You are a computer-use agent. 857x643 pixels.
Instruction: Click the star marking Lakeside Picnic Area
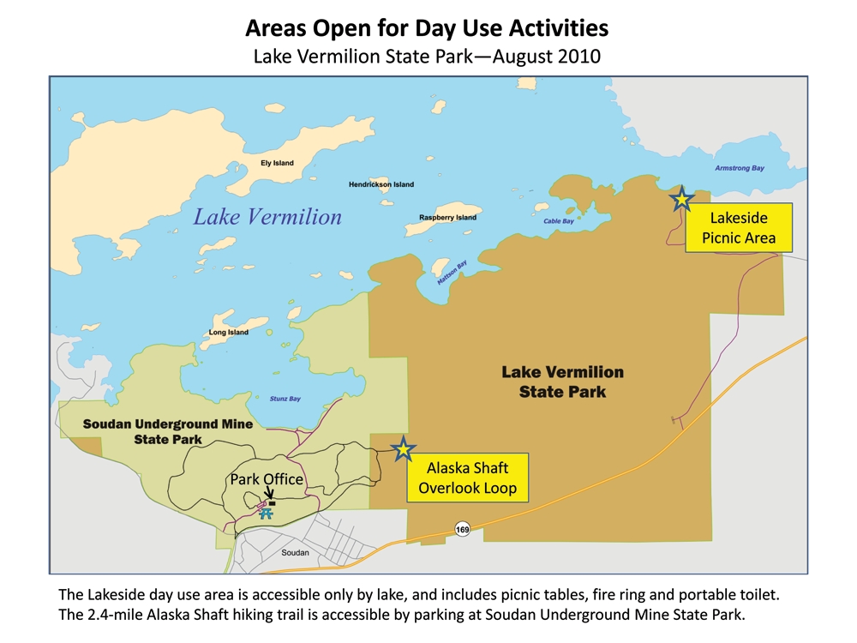point(681,200)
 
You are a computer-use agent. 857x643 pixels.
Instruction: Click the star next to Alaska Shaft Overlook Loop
point(403,449)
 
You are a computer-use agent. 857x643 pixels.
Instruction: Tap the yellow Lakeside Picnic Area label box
point(738,228)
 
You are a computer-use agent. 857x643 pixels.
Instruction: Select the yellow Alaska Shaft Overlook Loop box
point(467,478)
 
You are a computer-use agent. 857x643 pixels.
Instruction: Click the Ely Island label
point(277,163)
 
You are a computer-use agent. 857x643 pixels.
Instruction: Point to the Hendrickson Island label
point(381,184)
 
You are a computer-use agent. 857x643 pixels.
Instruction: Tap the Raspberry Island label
point(447,218)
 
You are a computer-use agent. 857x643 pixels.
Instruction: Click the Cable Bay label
point(559,221)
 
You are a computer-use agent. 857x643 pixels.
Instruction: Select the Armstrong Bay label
point(740,168)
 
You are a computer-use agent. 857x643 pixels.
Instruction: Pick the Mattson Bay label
point(452,273)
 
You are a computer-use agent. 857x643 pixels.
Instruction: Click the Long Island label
point(229,332)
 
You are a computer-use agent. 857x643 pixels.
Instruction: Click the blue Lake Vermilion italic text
point(267,217)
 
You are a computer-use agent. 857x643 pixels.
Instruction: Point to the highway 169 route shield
point(463,528)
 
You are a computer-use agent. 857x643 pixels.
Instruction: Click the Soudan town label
point(295,552)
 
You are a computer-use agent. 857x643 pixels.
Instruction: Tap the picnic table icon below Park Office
point(267,514)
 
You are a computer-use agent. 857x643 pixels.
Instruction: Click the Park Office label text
point(266,479)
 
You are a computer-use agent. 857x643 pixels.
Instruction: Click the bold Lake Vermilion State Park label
point(562,382)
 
